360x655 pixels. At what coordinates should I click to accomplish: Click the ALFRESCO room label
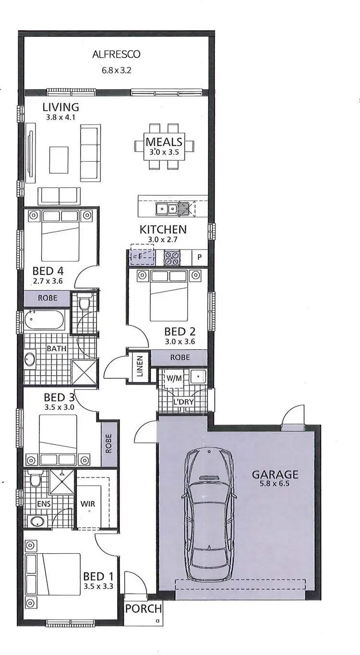point(116,54)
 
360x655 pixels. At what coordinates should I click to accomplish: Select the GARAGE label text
point(275,475)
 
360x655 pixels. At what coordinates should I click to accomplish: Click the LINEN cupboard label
point(140,368)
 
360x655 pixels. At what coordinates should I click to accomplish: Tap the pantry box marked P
point(200,257)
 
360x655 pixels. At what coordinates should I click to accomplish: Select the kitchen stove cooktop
point(172,257)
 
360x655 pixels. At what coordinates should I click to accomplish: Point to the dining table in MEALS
point(164,145)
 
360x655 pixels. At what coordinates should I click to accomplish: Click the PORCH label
point(143,609)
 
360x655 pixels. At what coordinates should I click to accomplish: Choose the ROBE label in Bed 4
point(48,298)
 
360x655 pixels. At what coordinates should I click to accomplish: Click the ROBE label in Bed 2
point(179,357)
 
